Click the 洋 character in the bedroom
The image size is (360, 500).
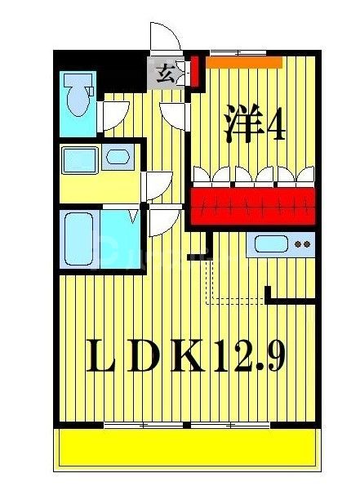(244, 123)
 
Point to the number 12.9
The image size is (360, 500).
(250, 357)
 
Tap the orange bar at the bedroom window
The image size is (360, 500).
(243, 61)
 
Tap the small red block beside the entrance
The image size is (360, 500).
(195, 72)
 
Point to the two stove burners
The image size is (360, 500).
(303, 243)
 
